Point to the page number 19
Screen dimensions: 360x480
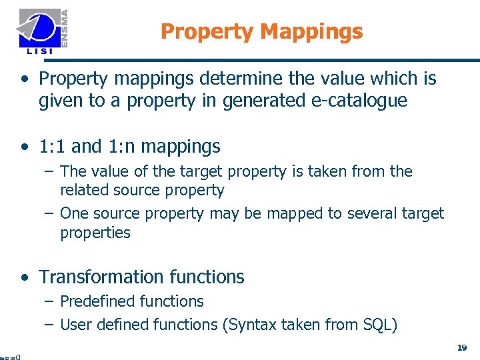(462, 347)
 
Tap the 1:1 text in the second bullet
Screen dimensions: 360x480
(52, 146)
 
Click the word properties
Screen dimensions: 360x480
(95, 233)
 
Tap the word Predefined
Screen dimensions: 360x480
(96, 301)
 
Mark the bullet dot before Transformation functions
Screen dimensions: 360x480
(24, 277)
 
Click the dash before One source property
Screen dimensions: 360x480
(49, 213)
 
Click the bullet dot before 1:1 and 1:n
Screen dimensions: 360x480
(24, 147)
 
